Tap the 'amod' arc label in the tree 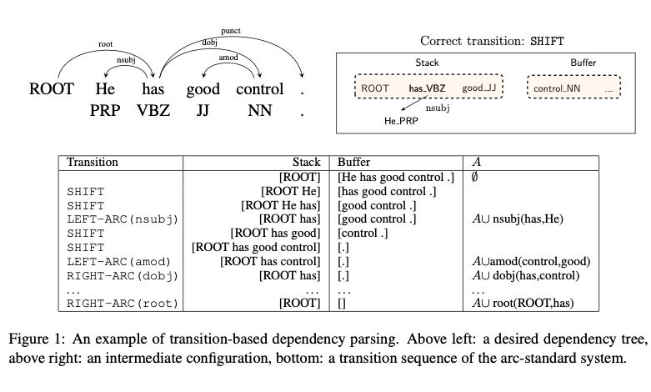pyautogui.click(x=228, y=58)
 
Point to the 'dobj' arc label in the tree pyautogui.click(x=210, y=42)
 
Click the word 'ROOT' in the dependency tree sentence pyautogui.click(x=52, y=89)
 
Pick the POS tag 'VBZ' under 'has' pyautogui.click(x=153, y=110)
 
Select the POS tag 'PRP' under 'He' pyautogui.click(x=106, y=110)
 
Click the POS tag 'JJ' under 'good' pyautogui.click(x=203, y=110)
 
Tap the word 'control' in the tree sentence pyautogui.click(x=259, y=89)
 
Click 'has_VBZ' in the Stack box pyautogui.click(x=428, y=88)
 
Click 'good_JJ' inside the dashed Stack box pyautogui.click(x=479, y=88)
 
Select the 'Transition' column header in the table pyautogui.click(x=93, y=162)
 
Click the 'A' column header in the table pyautogui.click(x=476, y=162)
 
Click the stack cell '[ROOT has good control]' pyautogui.click(x=256, y=248)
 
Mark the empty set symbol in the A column pyautogui.click(x=475, y=177)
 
